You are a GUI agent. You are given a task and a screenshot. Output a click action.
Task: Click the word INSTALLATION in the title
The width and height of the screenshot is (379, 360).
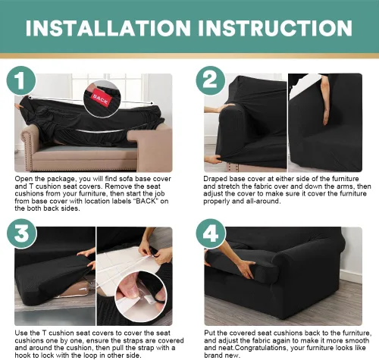tap(108, 28)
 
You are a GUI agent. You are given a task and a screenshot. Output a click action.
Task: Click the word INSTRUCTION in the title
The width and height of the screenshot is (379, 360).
tap(275, 28)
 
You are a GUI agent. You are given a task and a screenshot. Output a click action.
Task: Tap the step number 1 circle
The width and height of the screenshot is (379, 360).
tap(21, 80)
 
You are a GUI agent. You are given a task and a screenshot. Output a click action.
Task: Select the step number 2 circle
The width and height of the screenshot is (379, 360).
tap(211, 80)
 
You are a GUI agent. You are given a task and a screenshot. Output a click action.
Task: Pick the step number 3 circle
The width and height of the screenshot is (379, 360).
tap(22, 233)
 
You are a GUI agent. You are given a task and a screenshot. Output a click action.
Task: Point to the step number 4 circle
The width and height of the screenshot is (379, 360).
tap(211, 233)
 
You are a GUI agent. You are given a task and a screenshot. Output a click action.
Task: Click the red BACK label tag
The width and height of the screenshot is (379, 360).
tap(101, 99)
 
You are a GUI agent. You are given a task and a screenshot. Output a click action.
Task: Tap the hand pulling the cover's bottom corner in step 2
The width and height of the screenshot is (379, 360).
tap(213, 159)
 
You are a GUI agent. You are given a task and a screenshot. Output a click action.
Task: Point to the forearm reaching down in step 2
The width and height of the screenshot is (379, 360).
tap(325, 100)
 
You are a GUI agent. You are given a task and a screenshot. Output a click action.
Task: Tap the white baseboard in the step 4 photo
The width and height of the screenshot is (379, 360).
tap(351, 276)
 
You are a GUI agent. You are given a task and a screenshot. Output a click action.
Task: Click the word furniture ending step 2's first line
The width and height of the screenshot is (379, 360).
tap(345, 179)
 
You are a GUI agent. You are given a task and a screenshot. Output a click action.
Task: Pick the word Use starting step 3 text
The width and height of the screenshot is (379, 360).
tap(21, 333)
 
